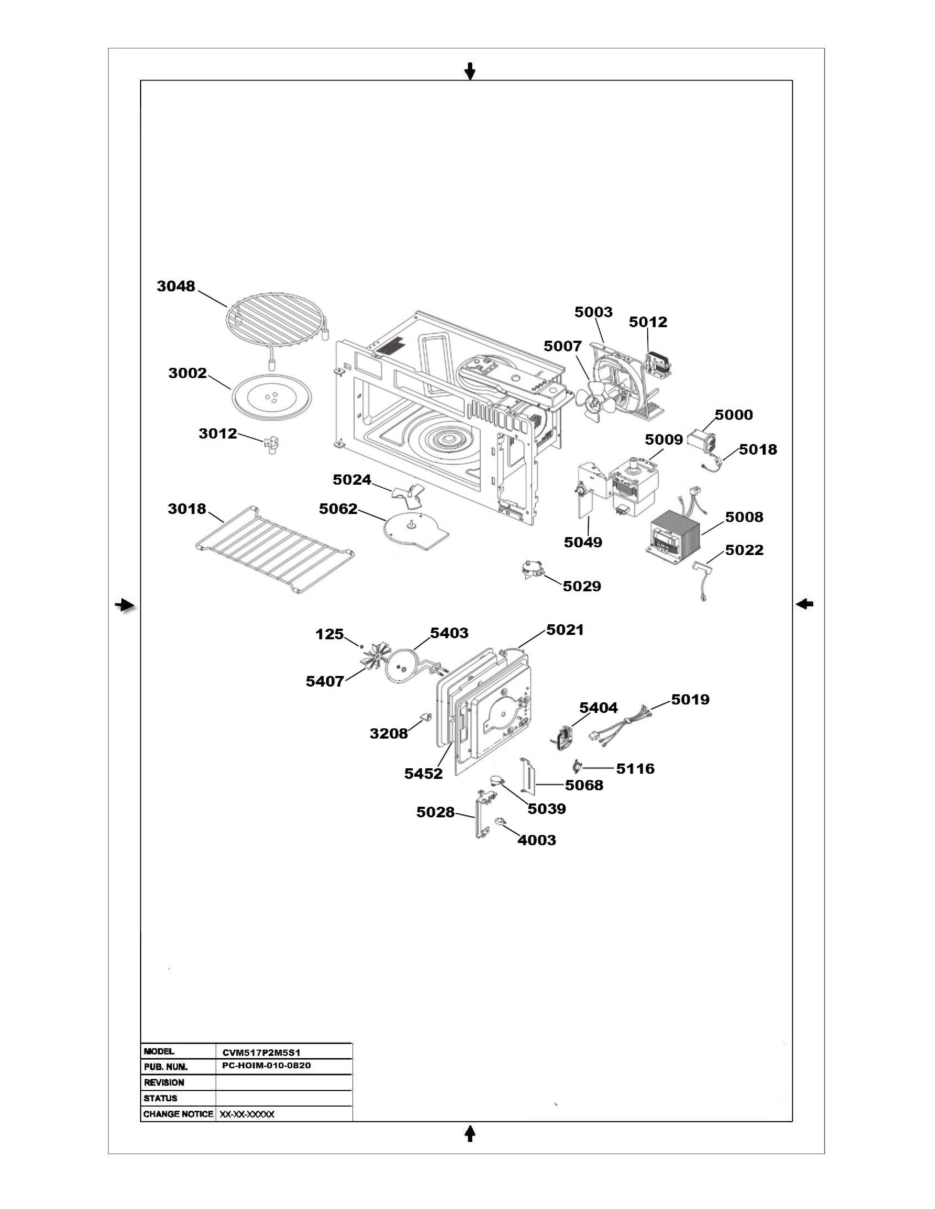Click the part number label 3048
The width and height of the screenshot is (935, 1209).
[x=176, y=286]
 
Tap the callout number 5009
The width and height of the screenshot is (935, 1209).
[x=664, y=440]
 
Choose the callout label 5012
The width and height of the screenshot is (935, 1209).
[x=648, y=322]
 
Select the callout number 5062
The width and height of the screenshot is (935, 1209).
[x=338, y=509]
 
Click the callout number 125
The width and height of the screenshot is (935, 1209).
[x=330, y=635]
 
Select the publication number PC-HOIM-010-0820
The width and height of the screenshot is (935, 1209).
[x=266, y=1066]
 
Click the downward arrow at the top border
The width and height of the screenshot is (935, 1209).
[x=470, y=71]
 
